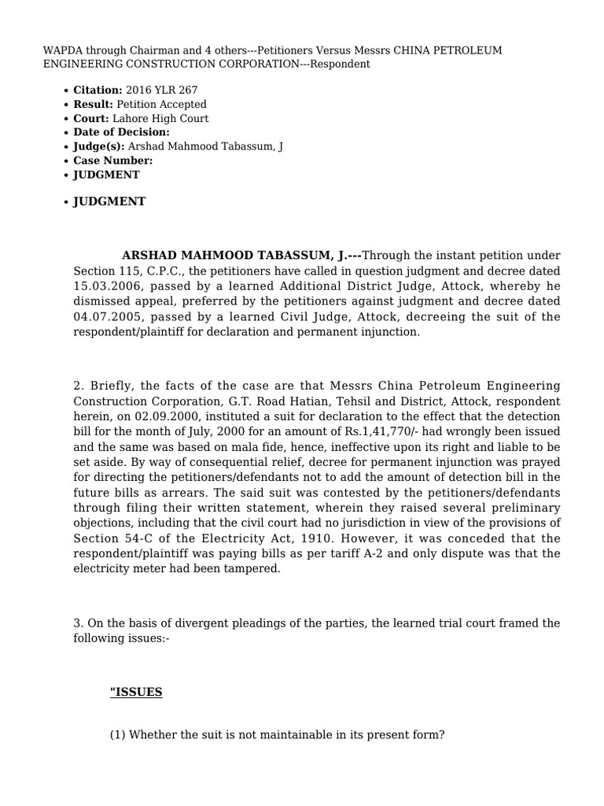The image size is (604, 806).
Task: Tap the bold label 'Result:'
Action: [94, 105]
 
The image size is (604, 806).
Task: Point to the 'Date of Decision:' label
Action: [122, 132]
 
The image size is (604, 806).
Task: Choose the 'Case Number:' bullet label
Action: [113, 161]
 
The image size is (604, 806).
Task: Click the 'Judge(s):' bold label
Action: [99, 146]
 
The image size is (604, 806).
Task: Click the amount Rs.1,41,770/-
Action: [392, 431]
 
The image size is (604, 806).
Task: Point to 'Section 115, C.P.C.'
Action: [120, 272]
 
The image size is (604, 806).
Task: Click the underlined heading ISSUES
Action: [136, 693]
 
